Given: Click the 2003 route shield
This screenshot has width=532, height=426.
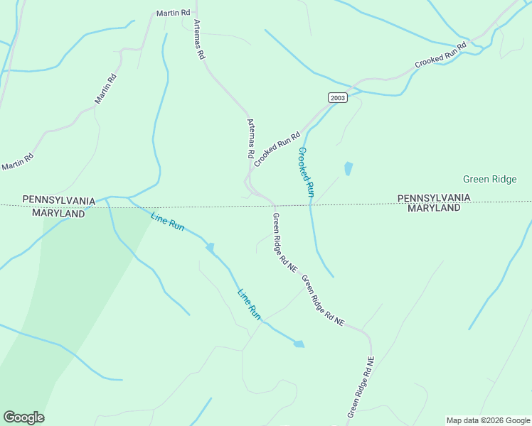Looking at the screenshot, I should point(338,98).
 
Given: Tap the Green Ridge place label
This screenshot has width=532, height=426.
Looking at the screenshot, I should point(489,179).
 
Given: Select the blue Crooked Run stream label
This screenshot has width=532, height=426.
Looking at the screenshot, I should point(306,172).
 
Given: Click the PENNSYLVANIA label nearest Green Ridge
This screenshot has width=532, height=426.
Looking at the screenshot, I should point(433,197).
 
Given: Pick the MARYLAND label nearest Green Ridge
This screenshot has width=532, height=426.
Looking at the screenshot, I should point(433,208).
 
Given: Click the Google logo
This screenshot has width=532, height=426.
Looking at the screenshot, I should point(23,417).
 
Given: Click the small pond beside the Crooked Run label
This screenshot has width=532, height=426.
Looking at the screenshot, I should point(348,169).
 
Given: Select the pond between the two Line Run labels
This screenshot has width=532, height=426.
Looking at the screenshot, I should point(210,247).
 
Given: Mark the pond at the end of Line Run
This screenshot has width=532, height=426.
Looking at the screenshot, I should point(299,344).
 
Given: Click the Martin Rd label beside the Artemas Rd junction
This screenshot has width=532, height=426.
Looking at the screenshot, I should point(174,13).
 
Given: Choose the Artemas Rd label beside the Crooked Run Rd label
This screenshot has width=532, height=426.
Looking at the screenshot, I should point(250,138).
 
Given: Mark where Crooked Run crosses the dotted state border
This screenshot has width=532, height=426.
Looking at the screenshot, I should point(311,205).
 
